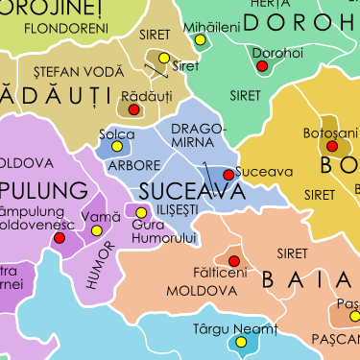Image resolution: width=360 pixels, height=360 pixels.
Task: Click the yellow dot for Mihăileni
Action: pos(201,40)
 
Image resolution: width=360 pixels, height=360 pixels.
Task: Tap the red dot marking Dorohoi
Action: pos(261,66)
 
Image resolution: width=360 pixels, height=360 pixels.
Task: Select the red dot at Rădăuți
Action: pos(134,109)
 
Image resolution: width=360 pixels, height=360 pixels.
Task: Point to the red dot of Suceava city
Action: pos(228,175)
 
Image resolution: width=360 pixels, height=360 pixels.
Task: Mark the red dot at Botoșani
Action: pos(332,147)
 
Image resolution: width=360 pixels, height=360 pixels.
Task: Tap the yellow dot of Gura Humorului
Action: pos(142,213)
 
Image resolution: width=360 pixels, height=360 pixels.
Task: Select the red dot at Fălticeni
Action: pos(234,260)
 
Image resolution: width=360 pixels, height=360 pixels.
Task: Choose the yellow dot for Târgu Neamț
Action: pos(241,342)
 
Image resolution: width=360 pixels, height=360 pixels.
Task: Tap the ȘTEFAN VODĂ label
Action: pos(79,72)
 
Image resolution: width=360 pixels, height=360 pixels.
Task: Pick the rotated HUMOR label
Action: pos(102,265)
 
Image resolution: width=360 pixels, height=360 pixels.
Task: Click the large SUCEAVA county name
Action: pos(186,190)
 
